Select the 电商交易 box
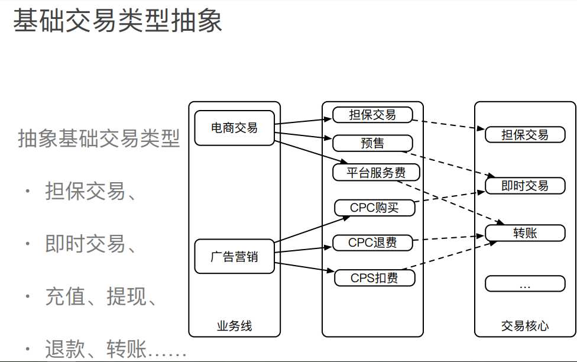pos(235,128)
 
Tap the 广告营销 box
pos(235,257)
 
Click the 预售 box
pos(372,143)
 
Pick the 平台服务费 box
pos(376,173)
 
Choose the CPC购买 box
pos(374,208)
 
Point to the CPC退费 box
pos(372,243)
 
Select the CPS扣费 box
pos(374,277)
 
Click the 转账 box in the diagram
pos(525,233)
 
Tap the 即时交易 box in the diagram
pos(525,186)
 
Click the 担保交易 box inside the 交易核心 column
pos(525,135)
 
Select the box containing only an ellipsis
pos(525,284)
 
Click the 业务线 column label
pos(235,326)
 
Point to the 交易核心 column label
pos(525,326)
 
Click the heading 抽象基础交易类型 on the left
pos(99,139)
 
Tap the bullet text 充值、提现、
pos(101,296)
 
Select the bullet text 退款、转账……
pos(115,348)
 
